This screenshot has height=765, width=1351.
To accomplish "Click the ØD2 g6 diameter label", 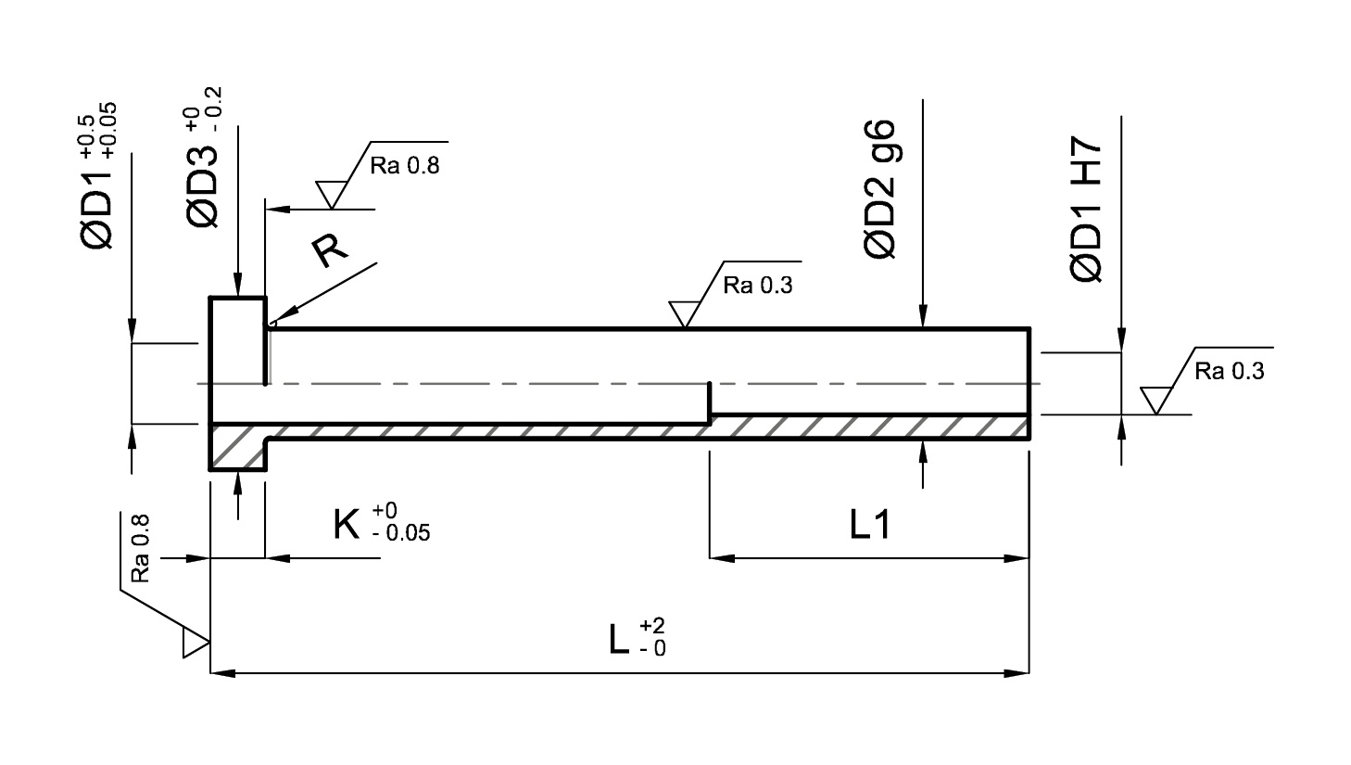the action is [x=879, y=189].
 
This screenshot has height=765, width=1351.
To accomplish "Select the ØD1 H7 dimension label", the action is [x=1086, y=209].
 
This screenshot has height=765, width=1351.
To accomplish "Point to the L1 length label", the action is [x=869, y=524].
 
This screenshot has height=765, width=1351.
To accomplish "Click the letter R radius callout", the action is [x=329, y=250].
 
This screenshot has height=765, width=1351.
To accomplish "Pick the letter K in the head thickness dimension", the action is [x=347, y=524].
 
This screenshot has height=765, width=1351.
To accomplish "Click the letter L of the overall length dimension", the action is [x=619, y=639].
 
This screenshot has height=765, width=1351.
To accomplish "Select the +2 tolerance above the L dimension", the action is [x=652, y=625].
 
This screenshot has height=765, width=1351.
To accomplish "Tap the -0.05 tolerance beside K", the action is [x=401, y=533].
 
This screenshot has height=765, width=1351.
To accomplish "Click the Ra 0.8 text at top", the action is [x=405, y=165].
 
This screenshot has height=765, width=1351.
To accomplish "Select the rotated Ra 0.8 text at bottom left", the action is [x=139, y=549].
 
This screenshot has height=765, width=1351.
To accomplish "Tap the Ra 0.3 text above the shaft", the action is [x=758, y=285].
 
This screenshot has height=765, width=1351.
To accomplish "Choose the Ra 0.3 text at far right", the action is [x=1230, y=371].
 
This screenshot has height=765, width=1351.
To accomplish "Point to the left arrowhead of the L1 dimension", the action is [x=722, y=558].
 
